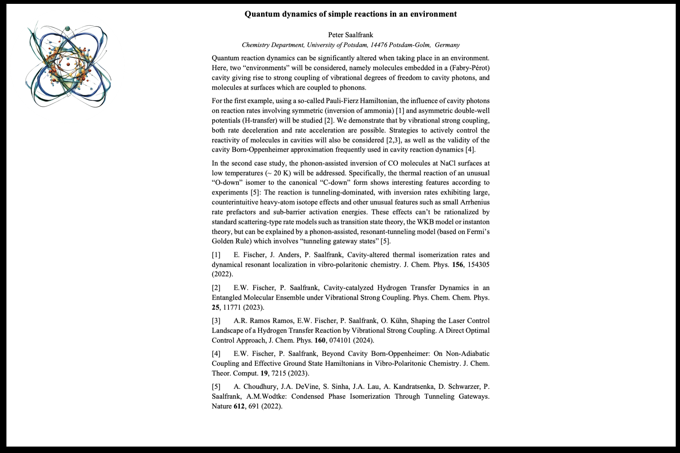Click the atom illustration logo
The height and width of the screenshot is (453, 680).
click(67, 66)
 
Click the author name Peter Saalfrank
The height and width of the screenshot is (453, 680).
click(350, 35)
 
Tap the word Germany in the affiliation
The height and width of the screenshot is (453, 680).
click(447, 45)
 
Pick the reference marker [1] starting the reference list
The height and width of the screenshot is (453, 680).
click(216, 255)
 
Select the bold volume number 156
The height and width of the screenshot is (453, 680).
click(457, 265)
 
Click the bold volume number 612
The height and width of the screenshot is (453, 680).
click(238, 406)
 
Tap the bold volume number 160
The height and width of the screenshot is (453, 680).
click(320, 340)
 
